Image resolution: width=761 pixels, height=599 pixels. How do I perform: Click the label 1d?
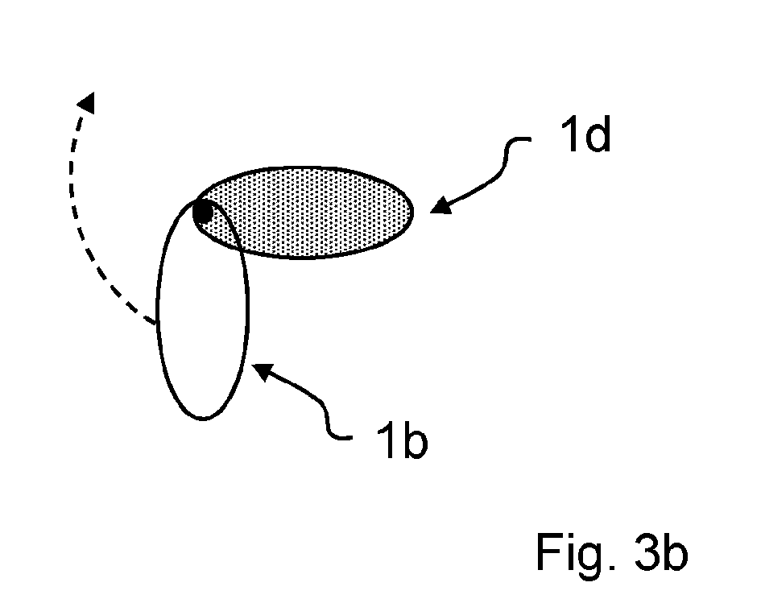pyautogui.click(x=585, y=135)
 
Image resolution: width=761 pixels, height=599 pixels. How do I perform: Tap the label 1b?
pyautogui.click(x=403, y=440)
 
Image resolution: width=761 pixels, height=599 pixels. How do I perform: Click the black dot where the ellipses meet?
pyautogui.click(x=203, y=213)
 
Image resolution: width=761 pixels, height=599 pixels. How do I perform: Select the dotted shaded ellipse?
pyautogui.click(x=303, y=212)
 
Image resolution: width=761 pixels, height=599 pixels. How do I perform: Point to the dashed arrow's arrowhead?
pyautogui.click(x=87, y=102)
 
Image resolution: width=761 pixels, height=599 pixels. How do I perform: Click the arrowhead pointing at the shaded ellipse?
pyautogui.click(x=440, y=205)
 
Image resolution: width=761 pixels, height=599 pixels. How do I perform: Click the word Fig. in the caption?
pyautogui.click(x=576, y=552)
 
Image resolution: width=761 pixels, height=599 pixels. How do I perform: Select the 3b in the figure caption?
pyautogui.click(x=661, y=552)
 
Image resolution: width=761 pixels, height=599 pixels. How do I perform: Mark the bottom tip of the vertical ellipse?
pyautogui.click(x=203, y=419)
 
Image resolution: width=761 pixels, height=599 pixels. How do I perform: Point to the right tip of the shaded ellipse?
pyautogui.click(x=412, y=212)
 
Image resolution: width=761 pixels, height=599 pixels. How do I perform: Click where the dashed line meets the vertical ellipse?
pyautogui.click(x=157, y=323)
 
